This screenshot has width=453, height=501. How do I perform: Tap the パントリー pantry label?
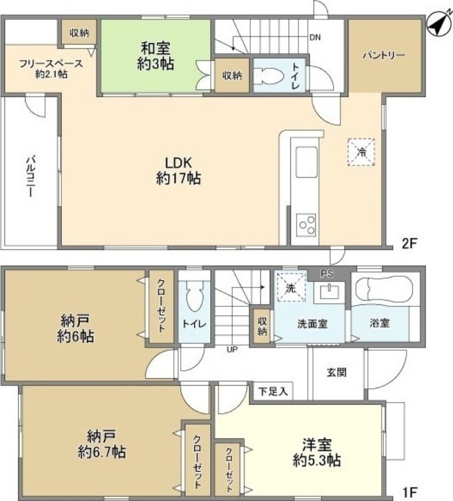click(x=384, y=55)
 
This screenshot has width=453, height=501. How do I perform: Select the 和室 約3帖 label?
click(x=155, y=56)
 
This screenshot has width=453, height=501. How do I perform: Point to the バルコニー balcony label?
click(x=31, y=176)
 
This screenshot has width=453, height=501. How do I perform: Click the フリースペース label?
click(x=51, y=64)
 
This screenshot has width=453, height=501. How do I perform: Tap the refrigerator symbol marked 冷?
click(x=361, y=152)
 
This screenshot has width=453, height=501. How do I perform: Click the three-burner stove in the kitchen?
click(x=306, y=225)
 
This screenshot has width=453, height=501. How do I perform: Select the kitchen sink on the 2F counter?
click(x=307, y=162)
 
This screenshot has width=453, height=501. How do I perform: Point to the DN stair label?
click(x=315, y=38)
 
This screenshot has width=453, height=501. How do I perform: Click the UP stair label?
click(x=232, y=349)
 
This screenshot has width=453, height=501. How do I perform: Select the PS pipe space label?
click(x=327, y=274)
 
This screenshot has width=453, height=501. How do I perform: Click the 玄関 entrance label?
click(x=336, y=372)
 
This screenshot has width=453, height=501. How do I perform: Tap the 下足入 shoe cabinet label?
click(x=273, y=391)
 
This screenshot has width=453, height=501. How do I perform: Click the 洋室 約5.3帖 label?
click(x=317, y=452)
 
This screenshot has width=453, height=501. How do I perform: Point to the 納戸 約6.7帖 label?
click(x=101, y=444)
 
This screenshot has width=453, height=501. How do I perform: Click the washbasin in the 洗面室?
click(x=329, y=291)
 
